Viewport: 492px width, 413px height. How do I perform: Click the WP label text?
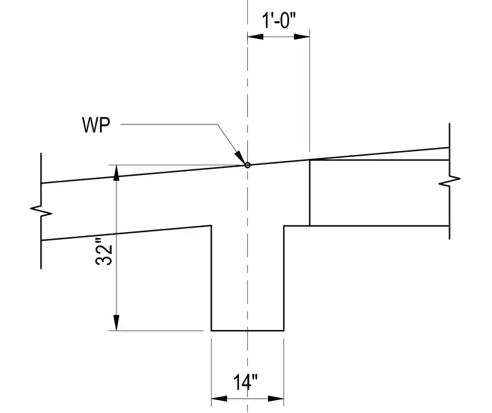point(96,124)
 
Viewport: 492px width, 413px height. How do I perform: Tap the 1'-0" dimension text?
point(279,21)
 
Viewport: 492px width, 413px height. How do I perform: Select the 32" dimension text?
point(104,252)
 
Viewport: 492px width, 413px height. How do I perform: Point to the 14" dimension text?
point(245,382)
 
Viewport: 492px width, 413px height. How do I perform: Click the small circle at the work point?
point(247,165)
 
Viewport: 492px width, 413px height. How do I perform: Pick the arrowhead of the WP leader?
point(240,157)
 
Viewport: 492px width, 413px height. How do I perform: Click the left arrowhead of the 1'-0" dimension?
point(256,37)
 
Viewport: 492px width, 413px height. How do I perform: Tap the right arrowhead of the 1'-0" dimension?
point(302,37)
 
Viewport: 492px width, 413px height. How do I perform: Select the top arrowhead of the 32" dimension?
point(117,172)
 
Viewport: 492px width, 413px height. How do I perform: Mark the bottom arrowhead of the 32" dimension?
point(117,323)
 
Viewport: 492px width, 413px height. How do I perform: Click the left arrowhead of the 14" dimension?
point(219,399)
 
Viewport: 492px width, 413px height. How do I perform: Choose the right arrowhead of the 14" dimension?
point(276,399)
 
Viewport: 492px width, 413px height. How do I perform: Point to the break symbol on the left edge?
point(41,211)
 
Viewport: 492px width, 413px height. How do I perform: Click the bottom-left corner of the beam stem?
point(212,331)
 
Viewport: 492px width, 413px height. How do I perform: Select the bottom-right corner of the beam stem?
point(284,331)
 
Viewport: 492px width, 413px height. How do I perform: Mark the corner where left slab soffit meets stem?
point(211,226)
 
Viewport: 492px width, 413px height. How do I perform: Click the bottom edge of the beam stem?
point(247,331)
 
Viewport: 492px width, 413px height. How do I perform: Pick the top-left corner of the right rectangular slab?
point(309,160)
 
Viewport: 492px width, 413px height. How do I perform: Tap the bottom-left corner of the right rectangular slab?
point(309,226)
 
